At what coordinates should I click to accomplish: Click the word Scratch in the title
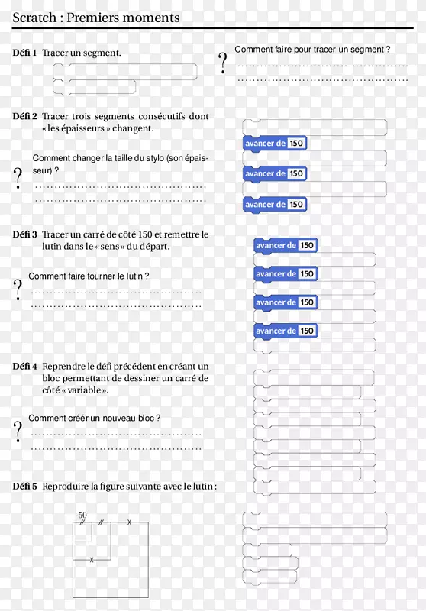coord(34,18)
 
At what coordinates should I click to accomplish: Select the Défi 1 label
coord(24,53)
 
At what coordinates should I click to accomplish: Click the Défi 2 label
coord(24,116)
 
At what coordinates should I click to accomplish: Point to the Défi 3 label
coord(24,234)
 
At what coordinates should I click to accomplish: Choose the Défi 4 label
coord(24,367)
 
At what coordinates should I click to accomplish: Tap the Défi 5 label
coord(24,487)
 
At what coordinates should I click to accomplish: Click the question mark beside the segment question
coord(222,63)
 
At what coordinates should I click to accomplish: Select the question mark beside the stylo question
coord(18,178)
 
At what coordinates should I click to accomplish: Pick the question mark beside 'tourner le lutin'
coord(18,289)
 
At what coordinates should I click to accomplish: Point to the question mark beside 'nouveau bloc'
coord(18,432)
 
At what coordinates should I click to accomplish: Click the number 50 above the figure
coord(82,515)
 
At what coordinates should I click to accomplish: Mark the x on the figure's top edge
coord(130,522)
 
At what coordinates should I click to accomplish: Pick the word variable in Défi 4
coord(85,390)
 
